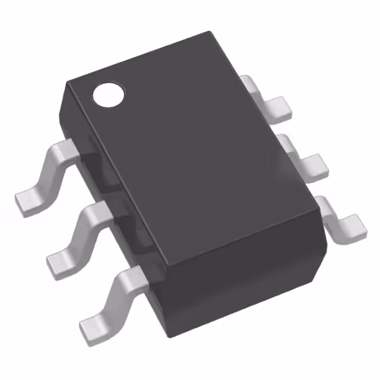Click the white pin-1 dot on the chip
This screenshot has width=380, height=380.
click(x=109, y=93)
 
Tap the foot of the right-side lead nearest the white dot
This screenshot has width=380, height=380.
click(x=277, y=106)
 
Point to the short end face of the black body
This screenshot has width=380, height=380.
click(x=249, y=285)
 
